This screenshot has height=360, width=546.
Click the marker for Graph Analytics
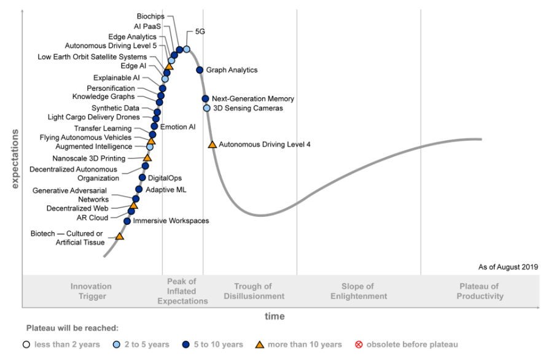point(200,70)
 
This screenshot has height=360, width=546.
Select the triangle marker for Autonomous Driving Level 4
point(213,144)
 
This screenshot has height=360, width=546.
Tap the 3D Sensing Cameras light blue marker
point(207,108)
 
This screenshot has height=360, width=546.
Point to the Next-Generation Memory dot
point(205,98)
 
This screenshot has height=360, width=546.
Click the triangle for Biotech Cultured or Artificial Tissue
point(120,236)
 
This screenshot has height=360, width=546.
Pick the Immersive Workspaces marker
point(127,221)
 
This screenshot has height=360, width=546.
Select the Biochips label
point(150,16)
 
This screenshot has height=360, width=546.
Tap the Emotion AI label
point(177,127)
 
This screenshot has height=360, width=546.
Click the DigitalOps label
point(165,178)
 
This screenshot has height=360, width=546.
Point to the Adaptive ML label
point(166,189)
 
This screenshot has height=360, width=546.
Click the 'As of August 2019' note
point(508,267)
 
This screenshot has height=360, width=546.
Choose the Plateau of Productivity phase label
point(480,291)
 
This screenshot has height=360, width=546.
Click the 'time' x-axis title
point(275,316)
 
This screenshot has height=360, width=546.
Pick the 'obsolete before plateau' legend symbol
point(360,344)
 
